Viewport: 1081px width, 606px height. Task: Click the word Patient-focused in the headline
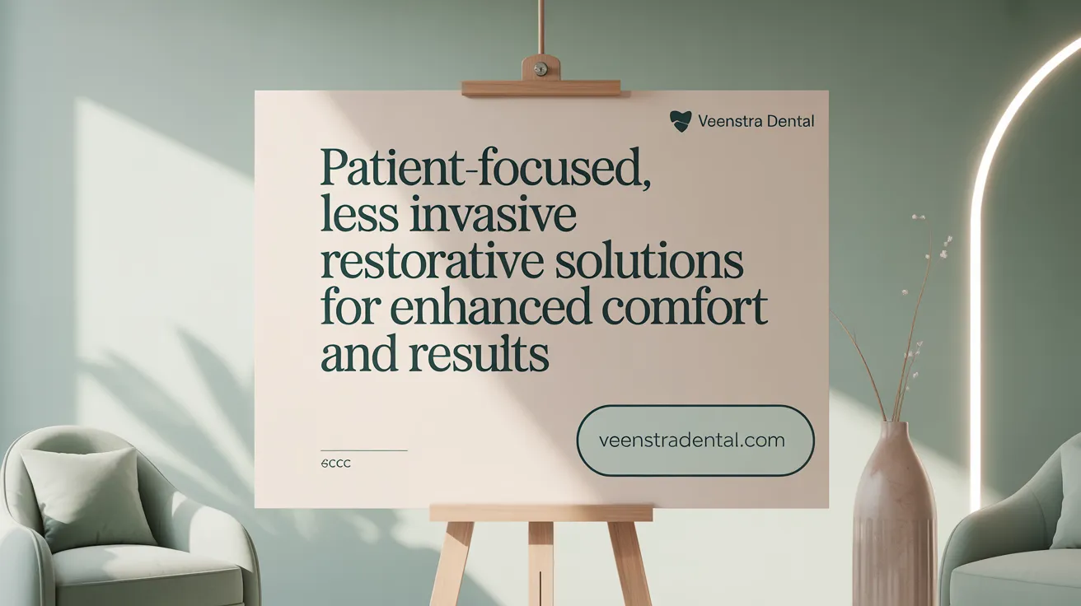point(482,168)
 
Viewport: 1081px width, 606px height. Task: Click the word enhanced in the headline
point(490,308)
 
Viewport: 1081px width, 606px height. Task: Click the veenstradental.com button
point(695,440)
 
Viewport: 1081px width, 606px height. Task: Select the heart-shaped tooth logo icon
point(681,122)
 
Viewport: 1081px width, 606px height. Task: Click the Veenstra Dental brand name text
point(756,122)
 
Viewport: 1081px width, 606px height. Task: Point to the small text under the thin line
point(335,464)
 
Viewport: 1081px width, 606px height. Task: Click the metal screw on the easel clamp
point(540,68)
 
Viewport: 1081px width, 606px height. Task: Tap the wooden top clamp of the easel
point(541,86)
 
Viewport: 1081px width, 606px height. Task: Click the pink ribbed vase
point(894,519)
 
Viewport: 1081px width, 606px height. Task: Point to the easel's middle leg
point(541,564)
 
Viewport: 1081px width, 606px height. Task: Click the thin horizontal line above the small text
point(363,450)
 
